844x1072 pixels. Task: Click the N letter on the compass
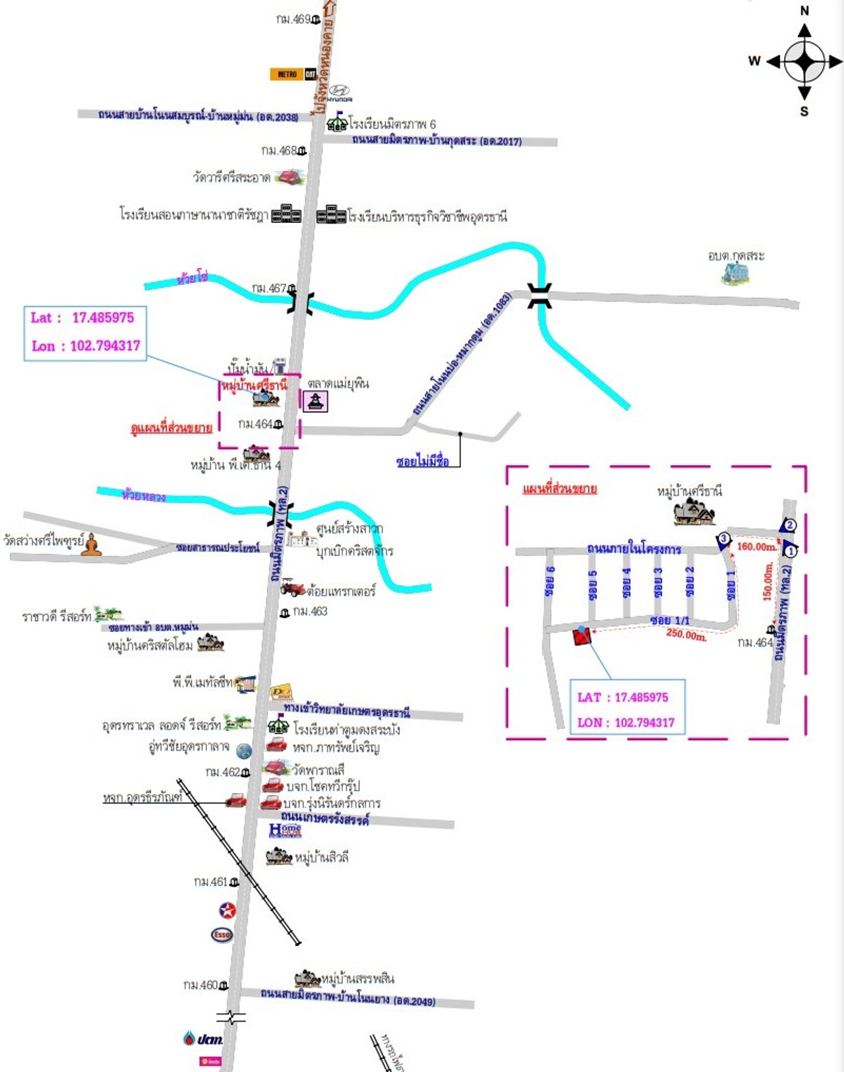[804, 11]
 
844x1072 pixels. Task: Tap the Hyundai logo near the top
[339, 92]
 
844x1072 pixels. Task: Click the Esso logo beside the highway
[222, 935]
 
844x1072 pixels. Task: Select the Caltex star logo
[227, 911]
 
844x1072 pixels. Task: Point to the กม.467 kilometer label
[269, 288]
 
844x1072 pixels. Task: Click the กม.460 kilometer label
[201, 985]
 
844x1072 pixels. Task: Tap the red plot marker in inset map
[582, 636]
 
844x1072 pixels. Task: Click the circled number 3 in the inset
[724, 539]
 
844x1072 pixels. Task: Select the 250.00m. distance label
[686, 635]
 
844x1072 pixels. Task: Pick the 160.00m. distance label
[756, 547]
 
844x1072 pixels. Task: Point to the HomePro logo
[285, 830]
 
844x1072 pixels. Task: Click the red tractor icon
[292, 587]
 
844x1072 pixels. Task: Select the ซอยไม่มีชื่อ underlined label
[422, 462]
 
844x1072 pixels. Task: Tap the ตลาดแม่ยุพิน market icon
[315, 400]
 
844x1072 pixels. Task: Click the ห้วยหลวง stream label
[144, 495]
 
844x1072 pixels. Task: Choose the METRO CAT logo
[293, 74]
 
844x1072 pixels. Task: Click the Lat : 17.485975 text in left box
[82, 318]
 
